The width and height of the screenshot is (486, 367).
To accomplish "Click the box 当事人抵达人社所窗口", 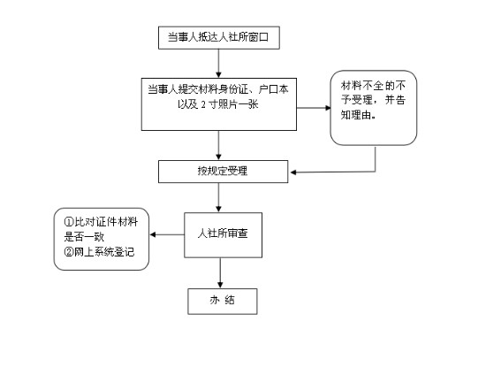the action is (x=219, y=37).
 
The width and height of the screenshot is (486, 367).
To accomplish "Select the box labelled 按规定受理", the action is (x=224, y=172).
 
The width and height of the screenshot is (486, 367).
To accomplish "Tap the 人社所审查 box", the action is (x=224, y=235).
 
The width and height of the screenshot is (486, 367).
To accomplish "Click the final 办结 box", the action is (x=223, y=302).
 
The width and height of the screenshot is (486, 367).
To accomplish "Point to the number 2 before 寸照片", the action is (x=203, y=104).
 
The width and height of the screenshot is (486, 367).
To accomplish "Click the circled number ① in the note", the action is (x=69, y=222).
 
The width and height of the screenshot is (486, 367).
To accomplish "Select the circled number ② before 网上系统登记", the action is (x=69, y=252).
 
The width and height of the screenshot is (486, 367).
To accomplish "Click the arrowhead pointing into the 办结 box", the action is (x=220, y=286).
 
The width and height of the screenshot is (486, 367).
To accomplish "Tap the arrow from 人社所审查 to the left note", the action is (x=167, y=234).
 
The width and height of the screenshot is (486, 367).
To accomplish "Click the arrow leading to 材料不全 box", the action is (x=314, y=108).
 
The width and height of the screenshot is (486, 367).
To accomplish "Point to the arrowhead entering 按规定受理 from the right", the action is (x=293, y=172).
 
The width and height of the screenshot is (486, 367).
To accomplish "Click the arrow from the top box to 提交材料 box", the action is (x=218, y=64).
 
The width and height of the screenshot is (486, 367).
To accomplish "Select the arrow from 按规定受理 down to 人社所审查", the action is (x=218, y=197).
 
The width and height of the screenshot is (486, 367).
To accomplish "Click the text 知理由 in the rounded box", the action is (x=356, y=115).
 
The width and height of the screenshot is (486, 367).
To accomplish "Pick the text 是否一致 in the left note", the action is (x=84, y=237).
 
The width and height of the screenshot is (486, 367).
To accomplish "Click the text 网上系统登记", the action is (x=104, y=252).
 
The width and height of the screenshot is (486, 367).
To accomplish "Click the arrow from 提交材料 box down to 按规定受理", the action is (x=218, y=145).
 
